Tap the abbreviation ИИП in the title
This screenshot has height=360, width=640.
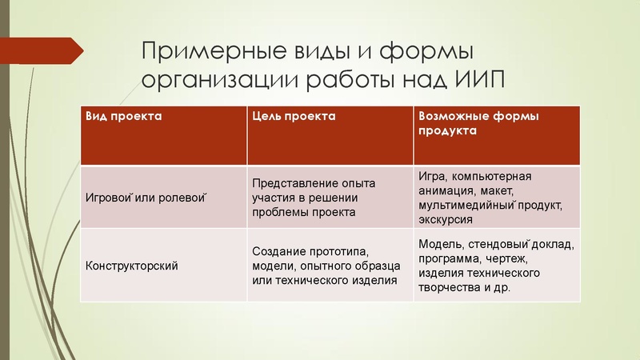(x=478, y=82)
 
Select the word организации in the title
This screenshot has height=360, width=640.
(x=209, y=82)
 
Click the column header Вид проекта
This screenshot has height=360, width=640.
(x=125, y=117)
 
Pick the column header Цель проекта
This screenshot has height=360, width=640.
(x=294, y=117)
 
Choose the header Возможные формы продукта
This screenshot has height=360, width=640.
(x=478, y=123)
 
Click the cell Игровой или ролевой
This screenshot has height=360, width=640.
(x=146, y=198)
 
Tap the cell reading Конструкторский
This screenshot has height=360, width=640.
(x=131, y=265)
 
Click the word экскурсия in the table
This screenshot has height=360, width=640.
(x=446, y=219)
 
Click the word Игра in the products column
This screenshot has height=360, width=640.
(x=432, y=176)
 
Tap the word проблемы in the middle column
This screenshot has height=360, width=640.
(x=278, y=212)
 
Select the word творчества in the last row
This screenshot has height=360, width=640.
(x=450, y=287)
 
